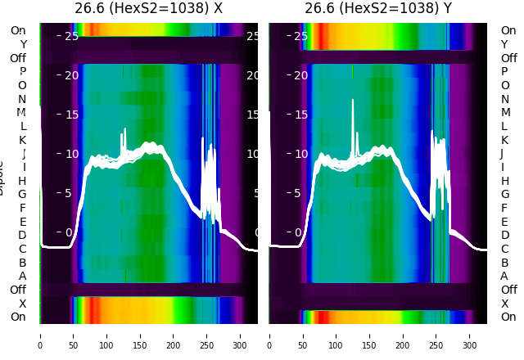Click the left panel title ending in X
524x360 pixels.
coord(148,9)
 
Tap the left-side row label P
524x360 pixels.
coord(22,72)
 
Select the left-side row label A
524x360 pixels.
coord(22,277)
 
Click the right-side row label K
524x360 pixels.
coord(504,140)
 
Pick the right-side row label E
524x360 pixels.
coord(504,222)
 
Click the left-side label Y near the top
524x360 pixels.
coord(23,44)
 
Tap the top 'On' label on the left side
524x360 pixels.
coord(18,30)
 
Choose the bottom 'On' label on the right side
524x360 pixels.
coord(508,317)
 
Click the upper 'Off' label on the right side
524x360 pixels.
coord(508,58)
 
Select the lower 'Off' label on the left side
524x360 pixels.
coord(18,290)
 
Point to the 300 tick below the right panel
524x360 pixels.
coord(470,335)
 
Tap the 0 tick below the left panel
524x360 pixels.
coord(40,335)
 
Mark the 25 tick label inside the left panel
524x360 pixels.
coord(70,36)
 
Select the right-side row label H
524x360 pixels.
coord(504,181)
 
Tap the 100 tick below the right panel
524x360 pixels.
coord(337,335)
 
